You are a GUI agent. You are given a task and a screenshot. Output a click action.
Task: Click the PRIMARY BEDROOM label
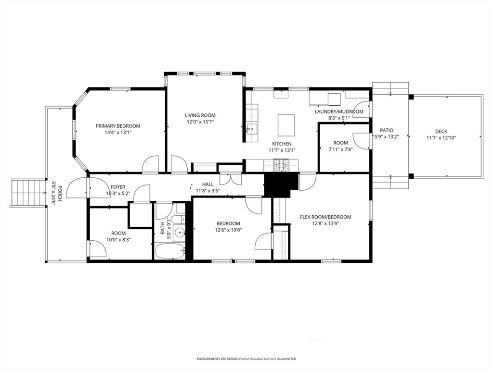(118, 126)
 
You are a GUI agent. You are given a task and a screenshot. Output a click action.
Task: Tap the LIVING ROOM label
(200, 115)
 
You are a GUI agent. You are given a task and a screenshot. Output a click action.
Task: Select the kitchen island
(286, 125)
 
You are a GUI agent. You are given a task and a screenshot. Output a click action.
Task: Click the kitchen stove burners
(281, 165)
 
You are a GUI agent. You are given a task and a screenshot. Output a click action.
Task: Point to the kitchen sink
(252, 129)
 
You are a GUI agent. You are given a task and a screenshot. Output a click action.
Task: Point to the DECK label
(441, 132)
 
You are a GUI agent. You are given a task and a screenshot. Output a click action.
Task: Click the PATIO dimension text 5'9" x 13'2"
(387, 137)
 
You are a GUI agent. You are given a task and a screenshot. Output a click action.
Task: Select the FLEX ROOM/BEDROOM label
(325, 217)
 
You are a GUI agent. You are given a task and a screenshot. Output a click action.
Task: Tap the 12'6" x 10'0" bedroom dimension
(228, 230)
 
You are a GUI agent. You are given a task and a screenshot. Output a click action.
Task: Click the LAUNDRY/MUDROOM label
(339, 111)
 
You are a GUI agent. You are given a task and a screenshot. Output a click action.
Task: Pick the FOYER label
(118, 187)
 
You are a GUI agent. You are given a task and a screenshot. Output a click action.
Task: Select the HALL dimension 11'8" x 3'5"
(208, 190)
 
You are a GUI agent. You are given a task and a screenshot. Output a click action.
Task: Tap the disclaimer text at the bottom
(246, 358)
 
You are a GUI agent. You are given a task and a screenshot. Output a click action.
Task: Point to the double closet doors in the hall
(230, 179)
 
